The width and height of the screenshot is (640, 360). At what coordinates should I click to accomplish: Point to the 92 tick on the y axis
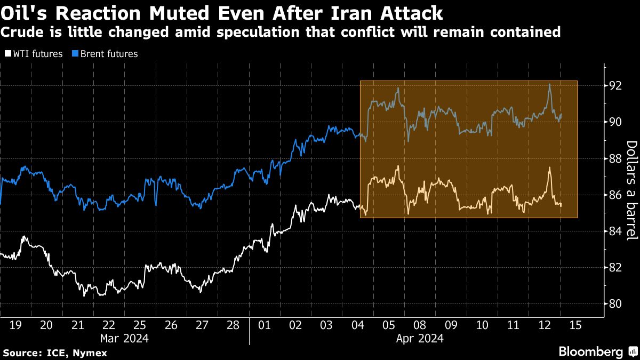click(x=615, y=86)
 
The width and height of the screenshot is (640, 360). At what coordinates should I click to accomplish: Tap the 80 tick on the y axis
click(x=615, y=304)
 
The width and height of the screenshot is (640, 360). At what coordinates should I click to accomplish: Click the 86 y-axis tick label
click(x=615, y=195)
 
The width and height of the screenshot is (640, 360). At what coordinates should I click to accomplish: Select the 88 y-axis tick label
click(x=615, y=159)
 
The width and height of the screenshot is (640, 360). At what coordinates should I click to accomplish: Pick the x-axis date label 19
click(x=15, y=324)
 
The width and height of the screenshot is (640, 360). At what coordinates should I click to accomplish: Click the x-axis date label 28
click(x=233, y=324)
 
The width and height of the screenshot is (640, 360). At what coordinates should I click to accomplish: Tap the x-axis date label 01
click(x=265, y=324)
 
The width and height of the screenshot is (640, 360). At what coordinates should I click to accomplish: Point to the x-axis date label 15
click(x=576, y=324)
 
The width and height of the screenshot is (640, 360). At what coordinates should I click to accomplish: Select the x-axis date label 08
click(x=420, y=324)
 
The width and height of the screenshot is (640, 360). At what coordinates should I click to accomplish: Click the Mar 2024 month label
click(x=124, y=338)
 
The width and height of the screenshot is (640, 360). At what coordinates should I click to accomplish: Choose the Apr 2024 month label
click(x=420, y=338)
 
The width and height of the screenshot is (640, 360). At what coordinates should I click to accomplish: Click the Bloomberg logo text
click(x=590, y=351)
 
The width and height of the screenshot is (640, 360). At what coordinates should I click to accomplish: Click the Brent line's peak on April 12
click(x=549, y=84)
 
